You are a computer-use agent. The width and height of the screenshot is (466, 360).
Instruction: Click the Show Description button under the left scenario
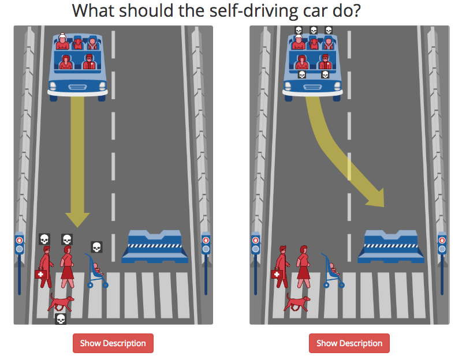point(113,343)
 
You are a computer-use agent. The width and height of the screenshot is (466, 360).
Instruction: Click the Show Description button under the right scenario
point(349,343)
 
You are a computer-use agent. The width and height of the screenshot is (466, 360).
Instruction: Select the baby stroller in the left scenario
point(97,271)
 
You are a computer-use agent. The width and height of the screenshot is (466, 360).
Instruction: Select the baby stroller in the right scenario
point(333,271)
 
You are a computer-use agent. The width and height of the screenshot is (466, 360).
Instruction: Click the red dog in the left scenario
point(61,302)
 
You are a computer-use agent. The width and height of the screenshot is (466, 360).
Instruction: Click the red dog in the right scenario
point(297,302)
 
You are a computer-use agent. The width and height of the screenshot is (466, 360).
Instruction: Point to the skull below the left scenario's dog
point(61,319)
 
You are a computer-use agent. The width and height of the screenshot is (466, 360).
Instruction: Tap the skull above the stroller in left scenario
point(96,247)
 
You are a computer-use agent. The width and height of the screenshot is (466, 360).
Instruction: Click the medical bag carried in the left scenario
point(41,274)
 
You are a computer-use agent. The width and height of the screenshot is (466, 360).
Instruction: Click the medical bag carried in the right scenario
point(277,274)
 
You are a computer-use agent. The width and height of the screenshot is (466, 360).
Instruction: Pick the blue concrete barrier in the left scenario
point(155,247)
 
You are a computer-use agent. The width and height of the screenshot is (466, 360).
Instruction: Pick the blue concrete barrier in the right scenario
point(391,247)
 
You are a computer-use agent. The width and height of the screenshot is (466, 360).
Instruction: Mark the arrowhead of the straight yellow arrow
point(77,219)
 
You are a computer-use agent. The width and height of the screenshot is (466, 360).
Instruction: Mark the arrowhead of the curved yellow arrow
point(377,199)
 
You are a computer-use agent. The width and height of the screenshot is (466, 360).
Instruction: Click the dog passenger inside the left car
point(78,44)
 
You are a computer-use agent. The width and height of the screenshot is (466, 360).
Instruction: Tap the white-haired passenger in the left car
point(62,42)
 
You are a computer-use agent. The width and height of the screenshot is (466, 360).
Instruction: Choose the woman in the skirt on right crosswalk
point(303,267)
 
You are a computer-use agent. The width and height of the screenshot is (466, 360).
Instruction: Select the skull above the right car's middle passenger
point(314,30)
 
